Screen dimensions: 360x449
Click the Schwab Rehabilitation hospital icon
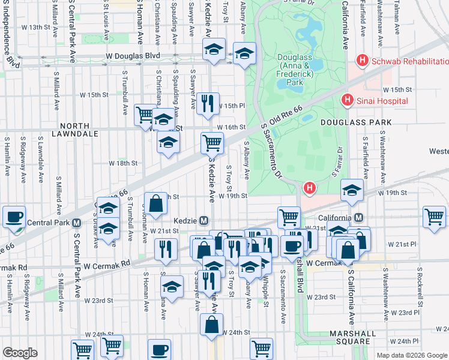pyautogui.click(x=362, y=61)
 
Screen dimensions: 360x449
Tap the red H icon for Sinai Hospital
pyautogui.click(x=346, y=100)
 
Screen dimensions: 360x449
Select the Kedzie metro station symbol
pyautogui.click(x=203, y=220)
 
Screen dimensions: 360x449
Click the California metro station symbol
pyautogui.click(x=358, y=217)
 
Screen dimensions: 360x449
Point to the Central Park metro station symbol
pyautogui.click(x=76, y=223)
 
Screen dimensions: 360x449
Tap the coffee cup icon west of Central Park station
pyautogui.click(x=14, y=217)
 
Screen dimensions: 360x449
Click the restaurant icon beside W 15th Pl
pyautogui.click(x=208, y=103)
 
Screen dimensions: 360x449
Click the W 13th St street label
pyautogui.click(x=35, y=27)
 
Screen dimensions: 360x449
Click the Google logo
pyautogui.click(x=20, y=352)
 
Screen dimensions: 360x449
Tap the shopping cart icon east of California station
pyautogui.click(x=434, y=217)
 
